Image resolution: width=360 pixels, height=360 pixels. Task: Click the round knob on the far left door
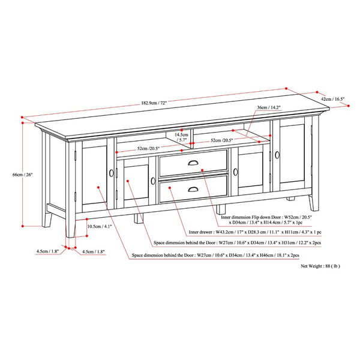click(112, 173)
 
